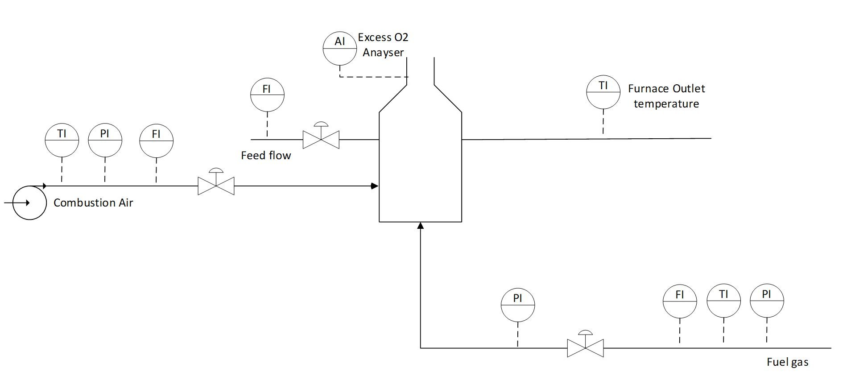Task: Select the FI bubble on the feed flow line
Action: click(267, 95)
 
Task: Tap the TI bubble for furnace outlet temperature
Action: click(603, 92)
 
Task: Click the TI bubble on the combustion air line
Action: click(62, 140)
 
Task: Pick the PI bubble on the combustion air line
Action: click(105, 140)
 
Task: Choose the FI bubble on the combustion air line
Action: click(156, 141)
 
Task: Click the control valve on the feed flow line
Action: click(321, 139)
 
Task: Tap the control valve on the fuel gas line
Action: click(585, 347)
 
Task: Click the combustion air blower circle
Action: click(29, 203)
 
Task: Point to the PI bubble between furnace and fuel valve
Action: click(517, 305)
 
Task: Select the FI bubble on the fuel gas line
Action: click(679, 301)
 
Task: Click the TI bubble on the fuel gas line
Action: click(723, 301)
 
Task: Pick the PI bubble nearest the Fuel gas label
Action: click(767, 301)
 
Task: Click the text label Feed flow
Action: click(266, 156)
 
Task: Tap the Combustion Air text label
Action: click(93, 203)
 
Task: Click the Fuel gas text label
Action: click(787, 362)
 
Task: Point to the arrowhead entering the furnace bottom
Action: click(420, 226)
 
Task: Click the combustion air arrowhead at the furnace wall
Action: click(375, 186)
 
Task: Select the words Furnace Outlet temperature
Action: click(666, 96)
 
